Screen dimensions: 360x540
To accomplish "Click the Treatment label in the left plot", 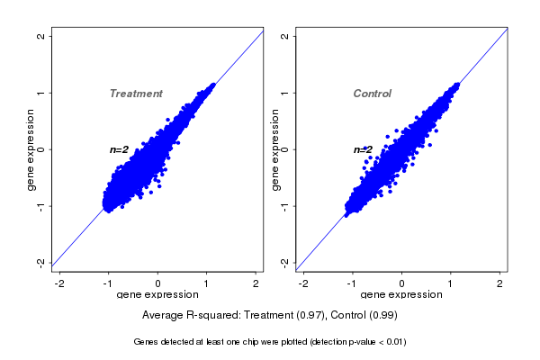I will click(x=136, y=94).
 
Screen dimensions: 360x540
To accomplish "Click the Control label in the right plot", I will click(x=373, y=94).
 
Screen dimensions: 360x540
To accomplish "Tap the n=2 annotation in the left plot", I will click(x=120, y=149).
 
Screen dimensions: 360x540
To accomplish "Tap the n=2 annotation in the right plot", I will click(x=363, y=149).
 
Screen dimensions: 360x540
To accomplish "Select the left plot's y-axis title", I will click(x=31, y=149).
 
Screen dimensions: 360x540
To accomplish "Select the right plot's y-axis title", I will click(x=275, y=149).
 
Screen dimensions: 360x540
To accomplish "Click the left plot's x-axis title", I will click(x=157, y=295).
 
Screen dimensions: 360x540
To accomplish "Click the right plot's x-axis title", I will click(x=401, y=295).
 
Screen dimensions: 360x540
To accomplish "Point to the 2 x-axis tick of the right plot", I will click(x=500, y=283).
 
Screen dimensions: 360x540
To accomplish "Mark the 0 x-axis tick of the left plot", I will click(x=158, y=283).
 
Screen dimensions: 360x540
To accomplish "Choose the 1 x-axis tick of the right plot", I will click(x=452, y=283).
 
